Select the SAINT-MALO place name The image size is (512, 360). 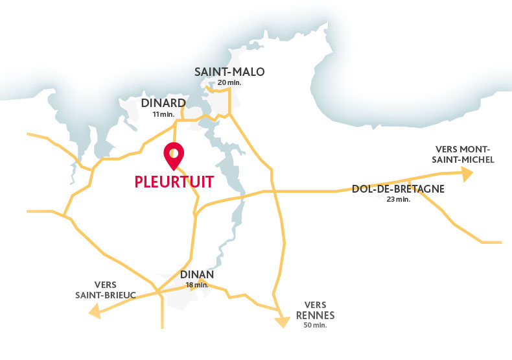pyautogui.click(x=229, y=72)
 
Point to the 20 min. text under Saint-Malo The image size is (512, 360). pyautogui.click(x=230, y=83)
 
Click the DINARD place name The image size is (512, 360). pyautogui.click(x=163, y=103)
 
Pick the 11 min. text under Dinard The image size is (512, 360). pyautogui.click(x=163, y=114)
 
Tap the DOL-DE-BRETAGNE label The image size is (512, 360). pyautogui.click(x=398, y=189)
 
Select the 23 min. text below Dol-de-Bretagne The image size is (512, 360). pyautogui.click(x=398, y=200)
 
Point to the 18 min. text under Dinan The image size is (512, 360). pyautogui.click(x=196, y=285)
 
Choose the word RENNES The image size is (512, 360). pyautogui.click(x=315, y=315)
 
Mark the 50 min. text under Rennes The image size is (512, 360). pyautogui.click(x=315, y=325)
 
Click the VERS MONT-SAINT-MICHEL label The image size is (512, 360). pyautogui.click(x=465, y=154)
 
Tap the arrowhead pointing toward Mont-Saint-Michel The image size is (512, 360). pyautogui.click(x=466, y=173)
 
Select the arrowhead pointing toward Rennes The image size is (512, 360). pyautogui.click(x=282, y=321)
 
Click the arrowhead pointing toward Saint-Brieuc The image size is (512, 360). pyautogui.click(x=95, y=312)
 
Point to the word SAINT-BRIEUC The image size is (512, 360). pyautogui.click(x=106, y=294)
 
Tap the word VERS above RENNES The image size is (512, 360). pyautogui.click(x=315, y=305)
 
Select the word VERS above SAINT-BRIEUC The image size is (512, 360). pyautogui.click(x=105, y=284)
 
